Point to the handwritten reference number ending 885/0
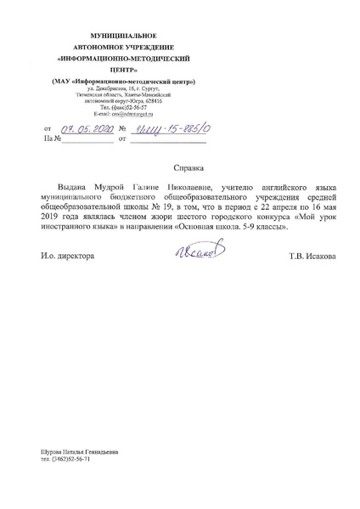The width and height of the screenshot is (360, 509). [x=171, y=128]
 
